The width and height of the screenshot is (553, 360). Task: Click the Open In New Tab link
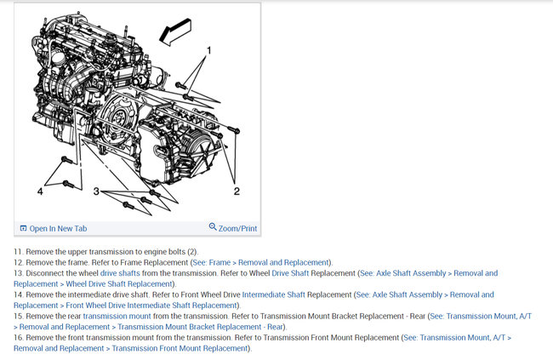point(58,228)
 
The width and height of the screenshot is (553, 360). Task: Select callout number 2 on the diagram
point(237,191)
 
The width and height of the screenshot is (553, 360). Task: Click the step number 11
point(19,252)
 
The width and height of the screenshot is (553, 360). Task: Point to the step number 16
point(19,338)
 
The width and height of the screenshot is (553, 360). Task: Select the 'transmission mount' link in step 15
point(115,316)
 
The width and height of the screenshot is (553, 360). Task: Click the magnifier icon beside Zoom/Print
point(213,227)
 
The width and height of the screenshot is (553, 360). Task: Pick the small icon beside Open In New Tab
point(23,228)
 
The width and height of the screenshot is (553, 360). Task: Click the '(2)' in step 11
point(191,252)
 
